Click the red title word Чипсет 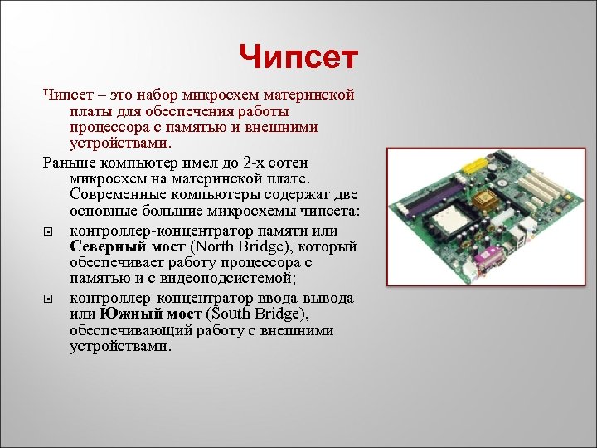tap(298, 57)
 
